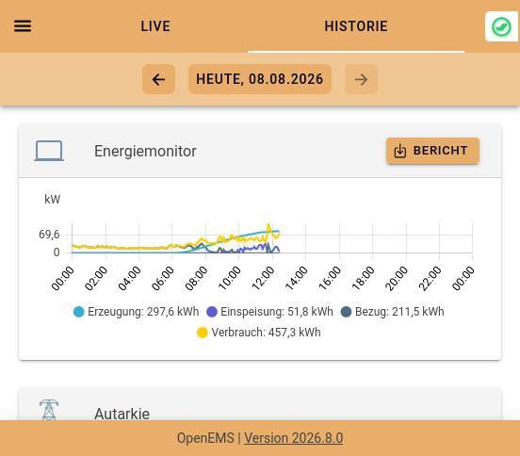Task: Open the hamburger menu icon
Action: coord(23,25)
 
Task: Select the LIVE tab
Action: coord(155,26)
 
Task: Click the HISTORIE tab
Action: coord(356,26)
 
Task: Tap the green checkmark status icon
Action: coord(501,26)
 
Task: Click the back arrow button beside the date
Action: coord(158,79)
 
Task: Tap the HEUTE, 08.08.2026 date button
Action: coord(260,79)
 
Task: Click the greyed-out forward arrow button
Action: coord(361,79)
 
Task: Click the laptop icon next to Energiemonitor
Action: coord(49,151)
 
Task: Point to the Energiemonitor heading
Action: coord(145,152)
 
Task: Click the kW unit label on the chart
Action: coord(53,200)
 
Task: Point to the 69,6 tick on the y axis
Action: coord(49,235)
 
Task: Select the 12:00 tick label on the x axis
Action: coord(264,278)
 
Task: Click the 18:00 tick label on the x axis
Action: coord(363,278)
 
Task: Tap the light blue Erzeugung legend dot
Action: coord(79,312)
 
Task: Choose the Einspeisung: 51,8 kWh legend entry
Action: coord(269,312)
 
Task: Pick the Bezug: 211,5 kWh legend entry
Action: coord(392,312)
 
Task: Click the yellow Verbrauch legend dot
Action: coord(203,333)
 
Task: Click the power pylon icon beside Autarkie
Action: coord(49,410)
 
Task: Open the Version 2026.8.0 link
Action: coord(294,438)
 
